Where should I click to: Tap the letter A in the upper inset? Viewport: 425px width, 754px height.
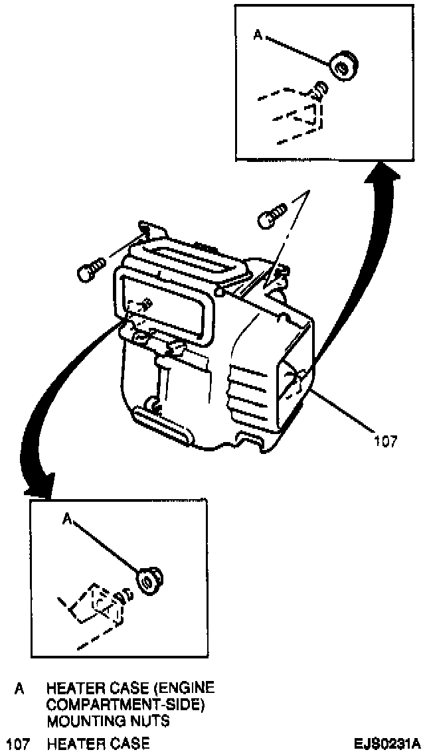pos(258,35)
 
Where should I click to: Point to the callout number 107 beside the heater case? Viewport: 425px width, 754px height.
pos(385,440)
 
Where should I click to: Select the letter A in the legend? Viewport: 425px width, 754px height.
pos(19,690)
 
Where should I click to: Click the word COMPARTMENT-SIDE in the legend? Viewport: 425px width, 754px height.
pos(124,705)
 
